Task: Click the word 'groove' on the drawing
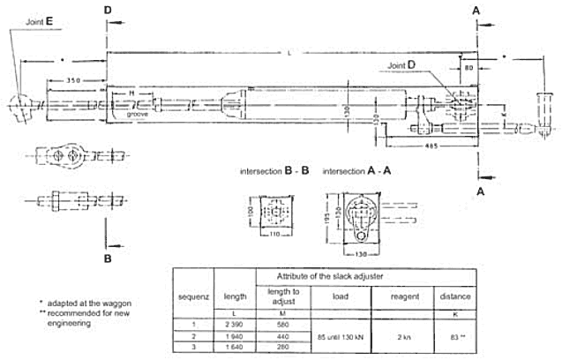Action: [136, 114]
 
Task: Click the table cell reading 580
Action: [282, 325]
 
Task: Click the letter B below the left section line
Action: [106, 259]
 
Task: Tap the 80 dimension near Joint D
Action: [468, 66]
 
